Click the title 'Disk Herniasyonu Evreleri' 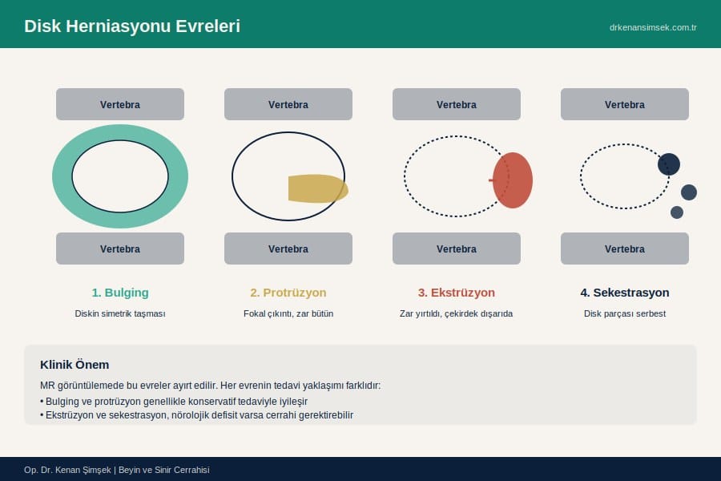(132, 26)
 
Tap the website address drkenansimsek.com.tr (653, 27)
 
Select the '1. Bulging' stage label (120, 293)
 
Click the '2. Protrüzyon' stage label (288, 293)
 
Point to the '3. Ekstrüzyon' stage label (456, 293)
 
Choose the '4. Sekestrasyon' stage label (624, 293)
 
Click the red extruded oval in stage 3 (513, 180)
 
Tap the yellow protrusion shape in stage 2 (318, 188)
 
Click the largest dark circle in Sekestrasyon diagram (669, 164)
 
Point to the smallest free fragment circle (677, 212)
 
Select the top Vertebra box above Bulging (120, 104)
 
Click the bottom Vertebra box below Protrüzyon (288, 249)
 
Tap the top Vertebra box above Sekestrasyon (624, 104)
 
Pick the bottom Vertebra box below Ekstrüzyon (457, 249)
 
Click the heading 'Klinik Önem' (75, 365)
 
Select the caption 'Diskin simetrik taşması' (120, 313)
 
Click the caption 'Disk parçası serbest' (624, 313)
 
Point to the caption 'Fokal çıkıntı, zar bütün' (288, 313)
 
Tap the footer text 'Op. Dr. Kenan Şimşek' (67, 470)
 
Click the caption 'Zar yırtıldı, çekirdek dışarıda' (456, 313)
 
